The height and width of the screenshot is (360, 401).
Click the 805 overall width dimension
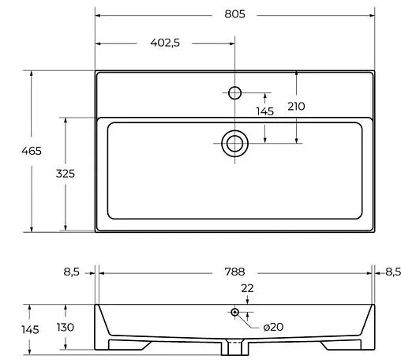pyautogui.click(x=234, y=14)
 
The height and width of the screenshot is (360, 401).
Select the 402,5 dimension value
pyautogui.click(x=165, y=43)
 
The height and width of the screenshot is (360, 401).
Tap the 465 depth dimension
pyautogui.click(x=32, y=151)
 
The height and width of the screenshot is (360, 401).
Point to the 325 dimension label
pyautogui.click(x=66, y=174)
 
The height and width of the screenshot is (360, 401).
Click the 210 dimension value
pyautogui.click(x=296, y=107)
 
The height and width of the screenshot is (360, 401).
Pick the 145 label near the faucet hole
pyautogui.click(x=265, y=111)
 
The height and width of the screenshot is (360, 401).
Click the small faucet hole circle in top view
pyautogui.click(x=234, y=93)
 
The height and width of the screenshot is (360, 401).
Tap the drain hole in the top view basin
pyautogui.click(x=234, y=144)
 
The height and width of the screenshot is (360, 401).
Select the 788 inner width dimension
pyautogui.click(x=234, y=272)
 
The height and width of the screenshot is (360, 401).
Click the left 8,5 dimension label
pyautogui.click(x=71, y=272)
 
